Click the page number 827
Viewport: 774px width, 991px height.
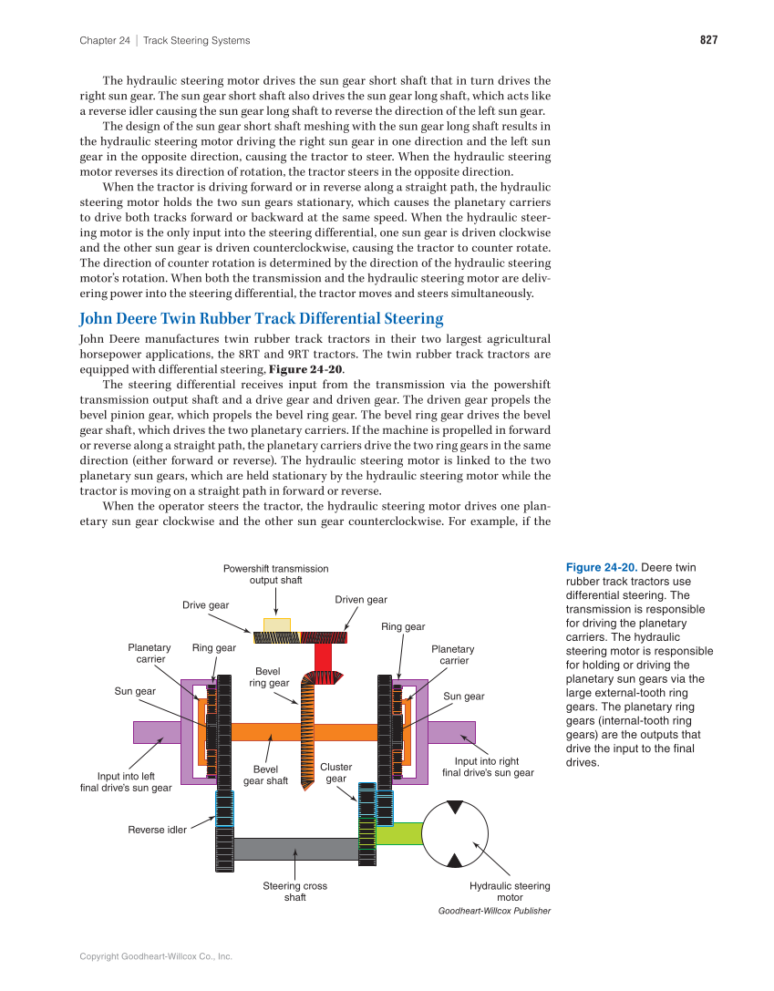pos(708,40)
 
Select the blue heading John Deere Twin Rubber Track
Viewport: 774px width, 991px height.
pos(261,318)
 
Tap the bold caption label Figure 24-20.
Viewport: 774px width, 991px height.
pos(598,567)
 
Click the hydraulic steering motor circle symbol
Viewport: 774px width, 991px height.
pos(455,833)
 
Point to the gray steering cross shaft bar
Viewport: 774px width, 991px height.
pos(295,849)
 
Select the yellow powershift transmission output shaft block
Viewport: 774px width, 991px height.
pos(276,625)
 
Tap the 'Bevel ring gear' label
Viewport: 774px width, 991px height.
pos(269,677)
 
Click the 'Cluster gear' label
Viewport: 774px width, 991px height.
pos(336,773)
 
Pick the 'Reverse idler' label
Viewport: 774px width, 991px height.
pos(157,830)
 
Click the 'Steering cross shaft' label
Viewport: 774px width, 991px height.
pos(294,892)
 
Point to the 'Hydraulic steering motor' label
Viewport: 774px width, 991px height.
pos(510,892)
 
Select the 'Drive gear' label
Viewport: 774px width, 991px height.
pos(206,605)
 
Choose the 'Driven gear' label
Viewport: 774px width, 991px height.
pos(360,600)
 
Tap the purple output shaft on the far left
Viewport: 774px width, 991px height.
pos(156,732)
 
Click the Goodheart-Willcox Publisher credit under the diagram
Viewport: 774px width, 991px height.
pos(494,911)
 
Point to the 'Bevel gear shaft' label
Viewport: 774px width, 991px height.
pos(265,775)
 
